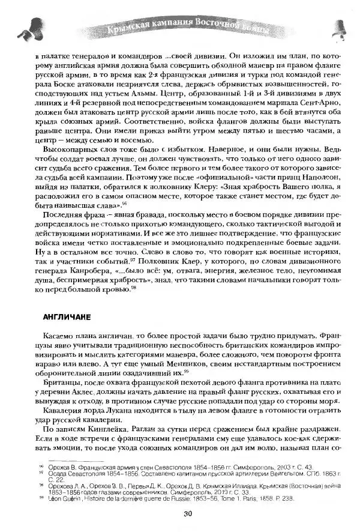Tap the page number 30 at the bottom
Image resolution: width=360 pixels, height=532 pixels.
tap(188, 512)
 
